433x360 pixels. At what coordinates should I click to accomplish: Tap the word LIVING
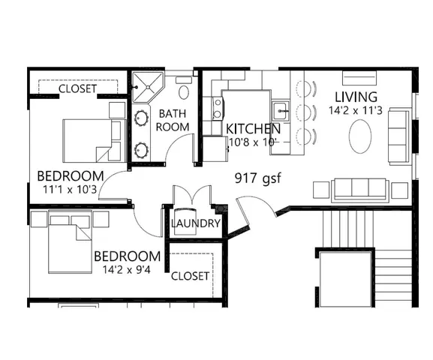click(356, 97)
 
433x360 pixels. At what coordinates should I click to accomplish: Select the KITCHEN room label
click(254, 128)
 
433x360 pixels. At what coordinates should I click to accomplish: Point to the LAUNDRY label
click(195, 223)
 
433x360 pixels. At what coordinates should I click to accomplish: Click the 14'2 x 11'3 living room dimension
click(356, 111)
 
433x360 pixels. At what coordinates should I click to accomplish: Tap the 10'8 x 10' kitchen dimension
click(252, 142)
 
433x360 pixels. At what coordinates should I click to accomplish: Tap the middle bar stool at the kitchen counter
click(305, 113)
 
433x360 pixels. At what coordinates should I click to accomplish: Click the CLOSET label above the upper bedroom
click(78, 88)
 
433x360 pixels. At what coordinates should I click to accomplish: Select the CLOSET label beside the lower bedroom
click(190, 276)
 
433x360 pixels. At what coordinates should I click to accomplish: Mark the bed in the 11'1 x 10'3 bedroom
click(86, 140)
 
